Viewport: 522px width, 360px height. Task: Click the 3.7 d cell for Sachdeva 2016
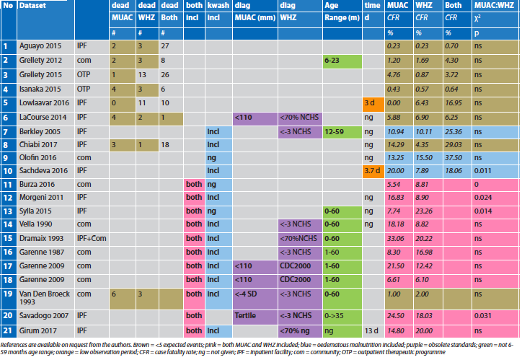[370, 171]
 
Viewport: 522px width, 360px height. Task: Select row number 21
[8, 331]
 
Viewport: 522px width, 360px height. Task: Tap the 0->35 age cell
[335, 316]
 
